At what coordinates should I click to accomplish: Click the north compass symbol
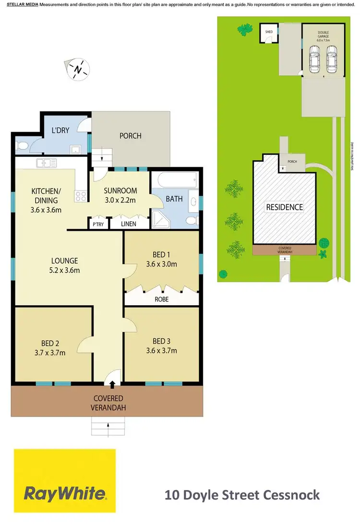(78, 69)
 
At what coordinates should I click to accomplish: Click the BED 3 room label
(162, 341)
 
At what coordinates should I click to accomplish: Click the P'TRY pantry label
(96, 224)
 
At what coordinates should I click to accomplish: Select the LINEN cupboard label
(128, 224)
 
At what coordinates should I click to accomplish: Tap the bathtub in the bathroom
(173, 181)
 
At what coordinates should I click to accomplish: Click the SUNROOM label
(120, 190)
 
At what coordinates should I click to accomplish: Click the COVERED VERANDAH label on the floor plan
(108, 403)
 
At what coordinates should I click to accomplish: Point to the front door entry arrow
(112, 384)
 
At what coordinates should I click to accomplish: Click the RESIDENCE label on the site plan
(285, 207)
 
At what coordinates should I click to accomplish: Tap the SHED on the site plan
(269, 33)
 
